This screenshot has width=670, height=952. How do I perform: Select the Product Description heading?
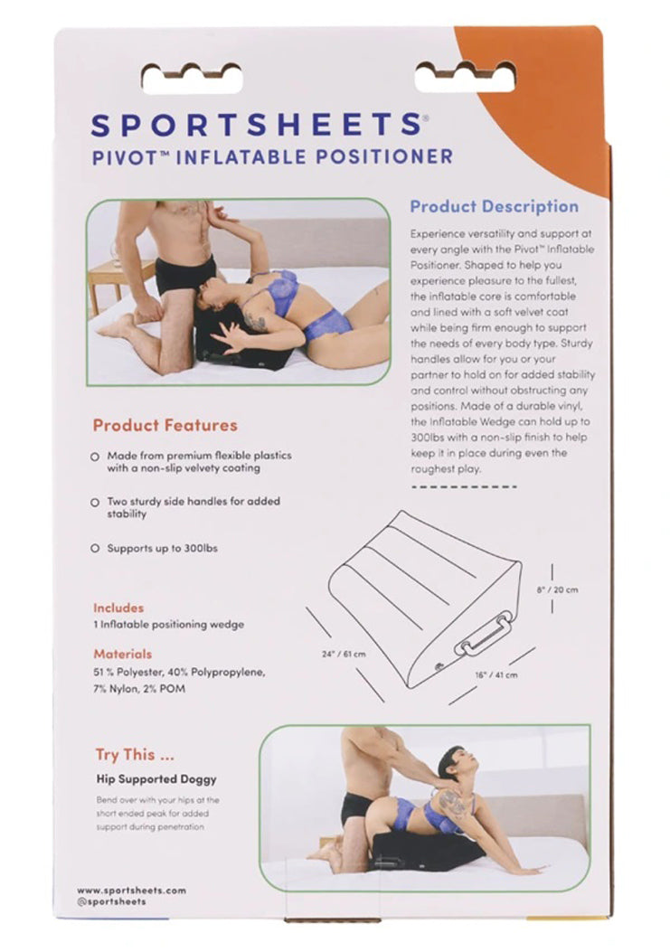coord(494,206)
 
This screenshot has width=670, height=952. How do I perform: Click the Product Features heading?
coord(165,425)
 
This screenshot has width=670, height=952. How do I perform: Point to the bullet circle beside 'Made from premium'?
coord(95,457)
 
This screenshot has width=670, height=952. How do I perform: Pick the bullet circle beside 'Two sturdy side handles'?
coord(95,502)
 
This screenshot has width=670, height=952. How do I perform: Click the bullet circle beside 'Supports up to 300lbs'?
coord(95,549)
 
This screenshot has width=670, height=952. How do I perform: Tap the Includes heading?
coord(118,608)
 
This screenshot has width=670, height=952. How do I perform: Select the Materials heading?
coord(123,654)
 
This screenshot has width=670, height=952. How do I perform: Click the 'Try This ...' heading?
coord(135,755)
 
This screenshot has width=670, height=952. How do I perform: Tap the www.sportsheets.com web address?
coord(131,890)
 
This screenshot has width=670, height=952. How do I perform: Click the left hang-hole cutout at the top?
coord(192,78)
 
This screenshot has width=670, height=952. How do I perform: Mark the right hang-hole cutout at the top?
coord(465,78)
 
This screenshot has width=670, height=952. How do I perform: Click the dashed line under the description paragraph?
coord(464,486)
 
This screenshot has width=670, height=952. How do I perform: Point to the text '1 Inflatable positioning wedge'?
coord(168,625)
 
